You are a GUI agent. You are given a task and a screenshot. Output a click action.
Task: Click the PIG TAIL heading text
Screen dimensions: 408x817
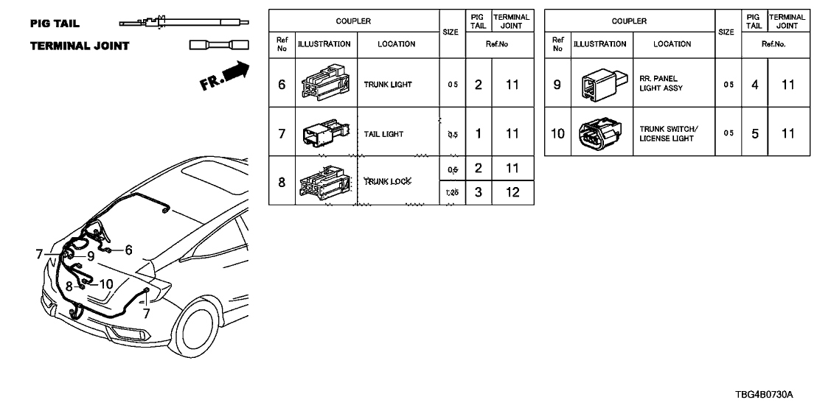point(56,24)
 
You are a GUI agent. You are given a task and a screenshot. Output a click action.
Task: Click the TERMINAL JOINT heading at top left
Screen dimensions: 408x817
point(80,46)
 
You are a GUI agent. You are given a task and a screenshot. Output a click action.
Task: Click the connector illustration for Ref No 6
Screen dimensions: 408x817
point(325,84)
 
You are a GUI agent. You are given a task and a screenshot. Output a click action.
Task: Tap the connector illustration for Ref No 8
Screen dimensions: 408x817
point(325,181)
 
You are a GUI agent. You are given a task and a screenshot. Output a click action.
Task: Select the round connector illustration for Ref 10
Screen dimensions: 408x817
point(599,133)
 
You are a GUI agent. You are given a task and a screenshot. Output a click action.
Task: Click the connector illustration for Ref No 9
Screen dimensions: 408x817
point(599,83)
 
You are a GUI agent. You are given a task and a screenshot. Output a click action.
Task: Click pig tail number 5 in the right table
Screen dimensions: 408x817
point(754,133)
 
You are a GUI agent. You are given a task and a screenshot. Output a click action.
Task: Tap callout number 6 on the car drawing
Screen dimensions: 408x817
point(128,250)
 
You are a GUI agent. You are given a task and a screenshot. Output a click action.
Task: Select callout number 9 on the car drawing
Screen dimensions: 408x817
point(90,256)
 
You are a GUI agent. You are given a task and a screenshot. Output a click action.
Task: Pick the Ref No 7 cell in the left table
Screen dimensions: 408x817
point(281,134)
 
